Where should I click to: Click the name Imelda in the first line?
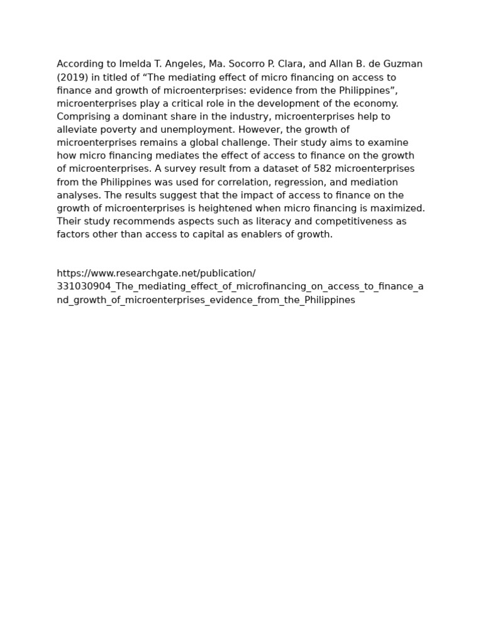(135, 64)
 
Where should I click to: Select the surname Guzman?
(404, 64)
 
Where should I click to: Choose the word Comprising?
(82, 116)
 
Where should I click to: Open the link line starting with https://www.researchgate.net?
(156, 273)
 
